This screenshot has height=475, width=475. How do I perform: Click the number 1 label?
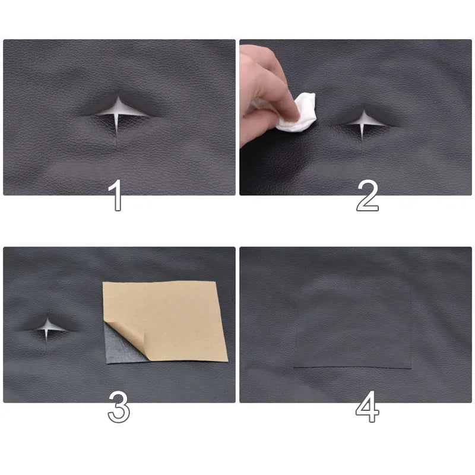click(118, 197)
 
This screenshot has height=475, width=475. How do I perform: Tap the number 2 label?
click(367, 197)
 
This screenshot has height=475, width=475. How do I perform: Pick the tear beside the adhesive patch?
click(47, 326)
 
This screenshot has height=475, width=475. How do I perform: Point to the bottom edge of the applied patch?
click(353, 368)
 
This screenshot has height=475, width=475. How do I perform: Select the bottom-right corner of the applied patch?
click(410, 368)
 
